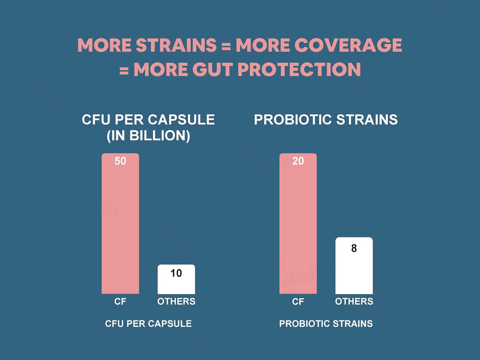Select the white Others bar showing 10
tap(176, 281)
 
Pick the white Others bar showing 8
tap(354, 266)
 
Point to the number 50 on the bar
tap(120, 161)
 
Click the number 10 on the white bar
tap(176, 273)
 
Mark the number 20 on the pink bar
tap(298, 161)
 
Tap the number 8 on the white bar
tap(354, 249)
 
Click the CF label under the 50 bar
tap(120, 301)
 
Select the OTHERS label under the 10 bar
tap(176, 301)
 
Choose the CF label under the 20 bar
tap(298, 301)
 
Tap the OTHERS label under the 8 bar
tap(354, 301)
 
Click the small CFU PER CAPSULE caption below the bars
tap(148, 324)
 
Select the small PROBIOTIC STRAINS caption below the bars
tap(326, 324)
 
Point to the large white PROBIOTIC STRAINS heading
tap(326, 120)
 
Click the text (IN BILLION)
tap(148, 136)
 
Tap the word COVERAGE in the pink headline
tap(348, 45)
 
